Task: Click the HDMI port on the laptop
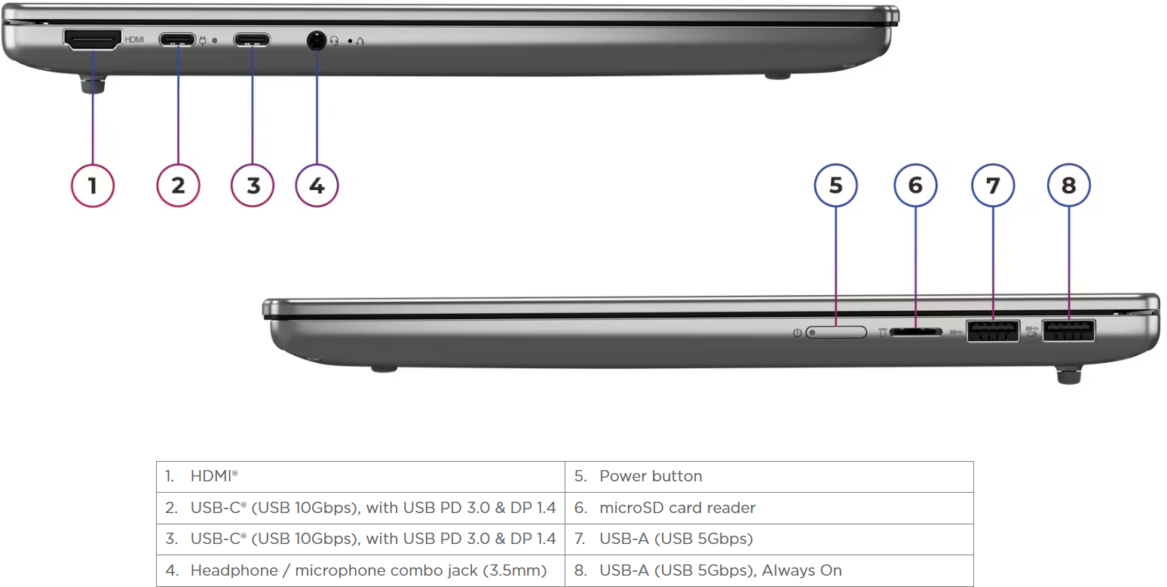point(93,40)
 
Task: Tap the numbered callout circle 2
point(178,186)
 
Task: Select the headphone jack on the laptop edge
point(316,40)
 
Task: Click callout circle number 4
point(317,186)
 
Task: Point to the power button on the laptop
point(836,333)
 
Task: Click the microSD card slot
point(916,332)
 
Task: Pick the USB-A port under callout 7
point(993,331)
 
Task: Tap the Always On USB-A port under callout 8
point(1069,330)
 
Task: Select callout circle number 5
point(835,186)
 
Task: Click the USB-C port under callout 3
point(252,40)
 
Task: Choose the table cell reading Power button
point(769,477)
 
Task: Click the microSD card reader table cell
point(769,508)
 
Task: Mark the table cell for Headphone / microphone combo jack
point(360,570)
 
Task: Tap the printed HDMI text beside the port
point(134,40)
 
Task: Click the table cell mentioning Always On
point(769,570)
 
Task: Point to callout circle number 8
point(1068,186)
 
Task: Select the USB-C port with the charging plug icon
point(177,40)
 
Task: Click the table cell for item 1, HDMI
point(360,477)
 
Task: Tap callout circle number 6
point(915,186)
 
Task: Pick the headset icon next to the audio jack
point(334,41)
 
